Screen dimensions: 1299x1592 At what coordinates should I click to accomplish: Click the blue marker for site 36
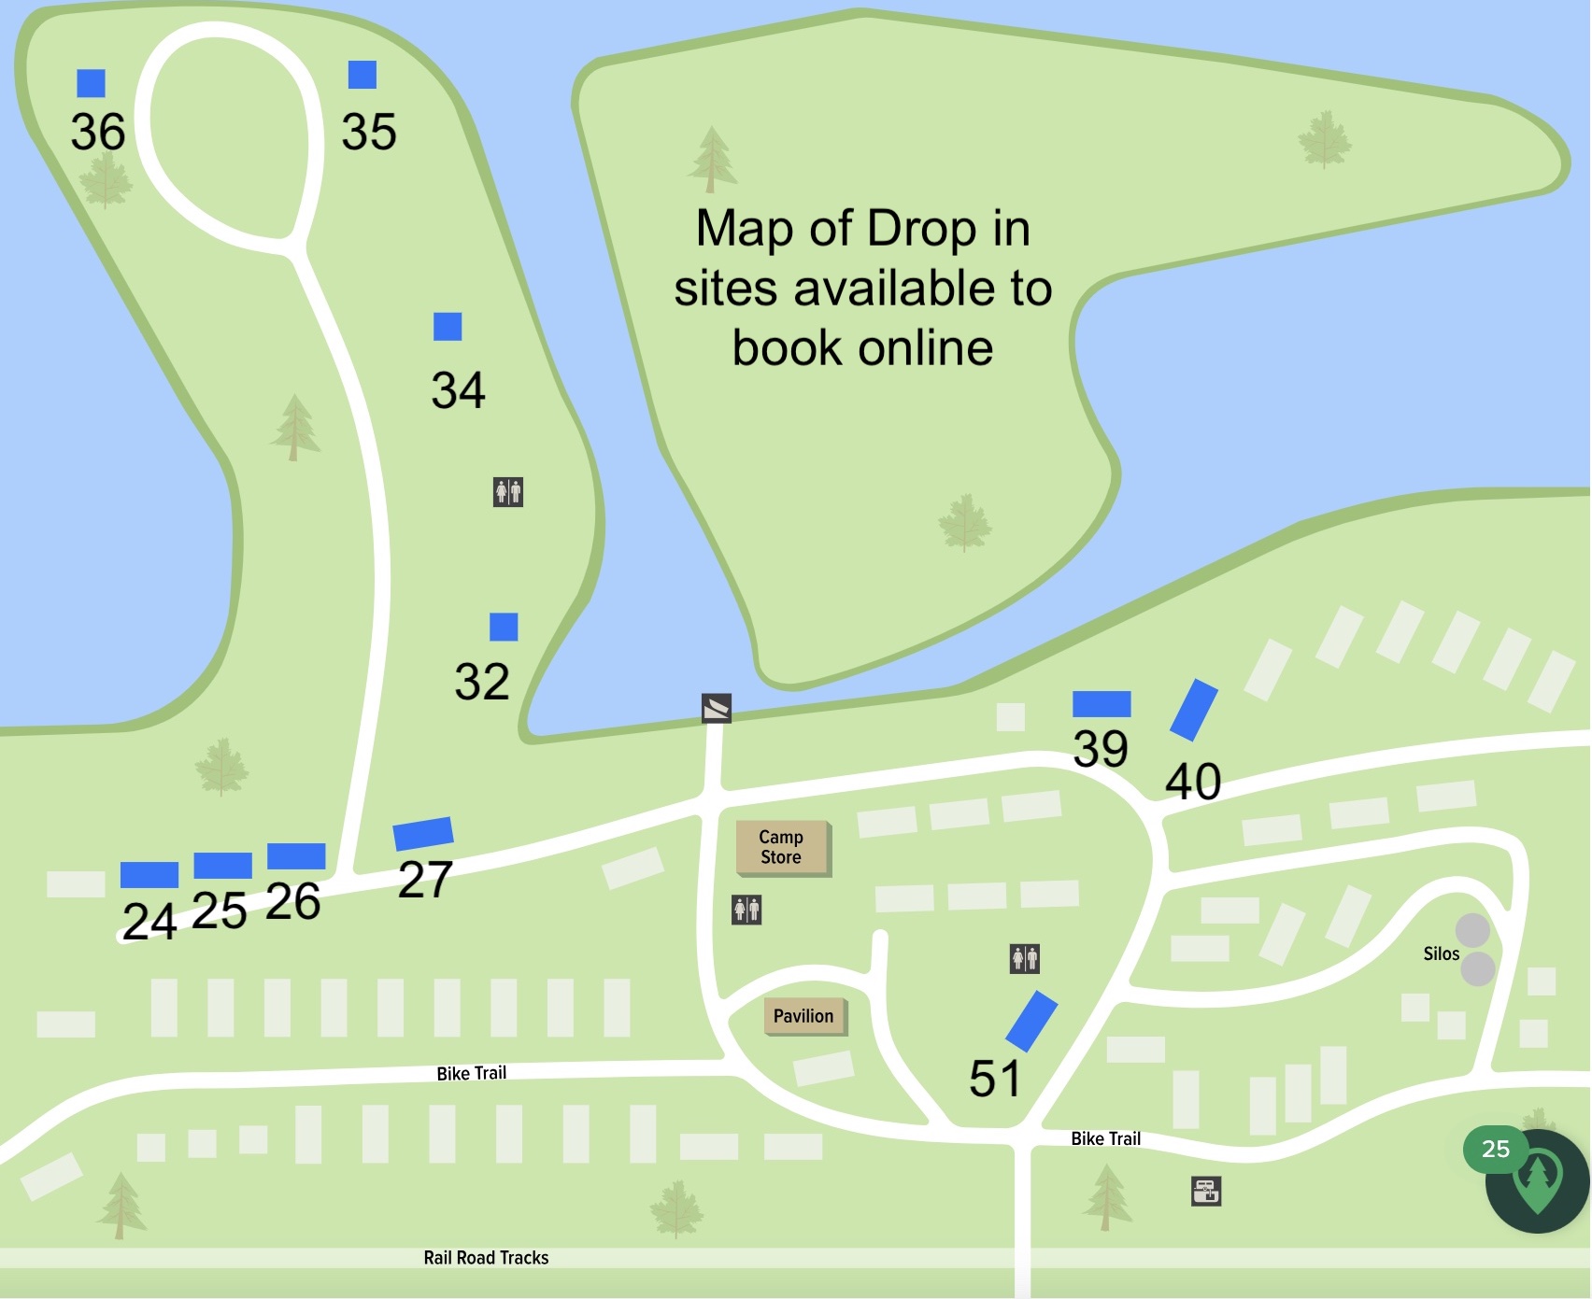91,83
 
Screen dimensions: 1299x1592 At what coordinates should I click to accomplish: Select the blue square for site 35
362,75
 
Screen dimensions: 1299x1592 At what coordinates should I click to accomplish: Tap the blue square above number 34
448,327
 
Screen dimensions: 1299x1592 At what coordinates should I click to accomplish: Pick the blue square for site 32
504,628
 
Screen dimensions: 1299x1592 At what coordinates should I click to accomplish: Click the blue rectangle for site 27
423,833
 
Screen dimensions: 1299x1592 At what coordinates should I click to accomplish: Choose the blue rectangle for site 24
149,875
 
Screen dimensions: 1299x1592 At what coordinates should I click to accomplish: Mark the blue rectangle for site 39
1102,704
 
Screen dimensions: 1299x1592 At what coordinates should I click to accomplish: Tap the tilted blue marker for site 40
1194,711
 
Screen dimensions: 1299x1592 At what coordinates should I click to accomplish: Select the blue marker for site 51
1031,1022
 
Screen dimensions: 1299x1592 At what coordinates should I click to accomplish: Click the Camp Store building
782,848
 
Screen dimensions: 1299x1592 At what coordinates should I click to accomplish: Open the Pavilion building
804,1016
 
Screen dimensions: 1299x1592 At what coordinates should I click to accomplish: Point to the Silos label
1441,953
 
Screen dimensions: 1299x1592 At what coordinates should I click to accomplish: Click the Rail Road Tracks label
486,1258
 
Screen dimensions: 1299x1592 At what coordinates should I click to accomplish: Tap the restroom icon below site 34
508,491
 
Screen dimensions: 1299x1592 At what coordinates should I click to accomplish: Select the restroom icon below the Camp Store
746,909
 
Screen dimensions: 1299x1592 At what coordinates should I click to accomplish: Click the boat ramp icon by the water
717,708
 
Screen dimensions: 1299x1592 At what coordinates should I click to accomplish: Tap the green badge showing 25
1495,1150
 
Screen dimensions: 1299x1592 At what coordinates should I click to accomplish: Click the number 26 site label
293,902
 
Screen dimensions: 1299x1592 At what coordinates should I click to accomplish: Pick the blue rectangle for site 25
222,866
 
